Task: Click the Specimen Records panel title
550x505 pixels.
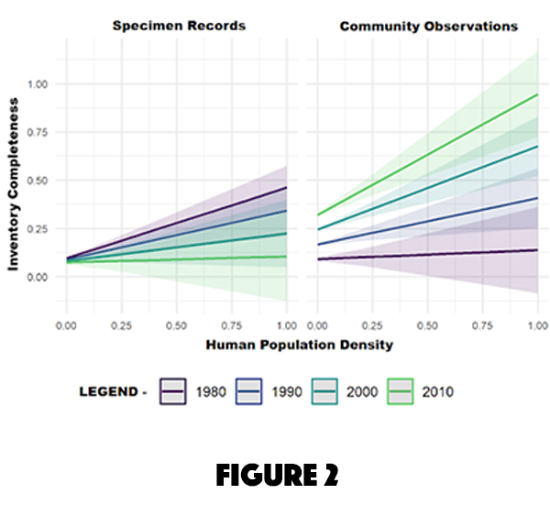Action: [179, 26]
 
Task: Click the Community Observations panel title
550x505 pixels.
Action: [428, 26]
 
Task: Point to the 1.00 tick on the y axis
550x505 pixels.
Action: [39, 84]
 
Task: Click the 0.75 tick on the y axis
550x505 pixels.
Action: [39, 133]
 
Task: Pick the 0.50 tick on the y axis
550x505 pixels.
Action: [39, 181]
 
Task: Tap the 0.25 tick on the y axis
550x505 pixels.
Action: [39, 229]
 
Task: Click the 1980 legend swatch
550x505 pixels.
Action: [175, 391]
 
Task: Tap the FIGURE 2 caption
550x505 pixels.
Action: [274, 474]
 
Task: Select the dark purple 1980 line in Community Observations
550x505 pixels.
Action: [427, 255]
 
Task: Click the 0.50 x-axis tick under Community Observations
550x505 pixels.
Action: [427, 325]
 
